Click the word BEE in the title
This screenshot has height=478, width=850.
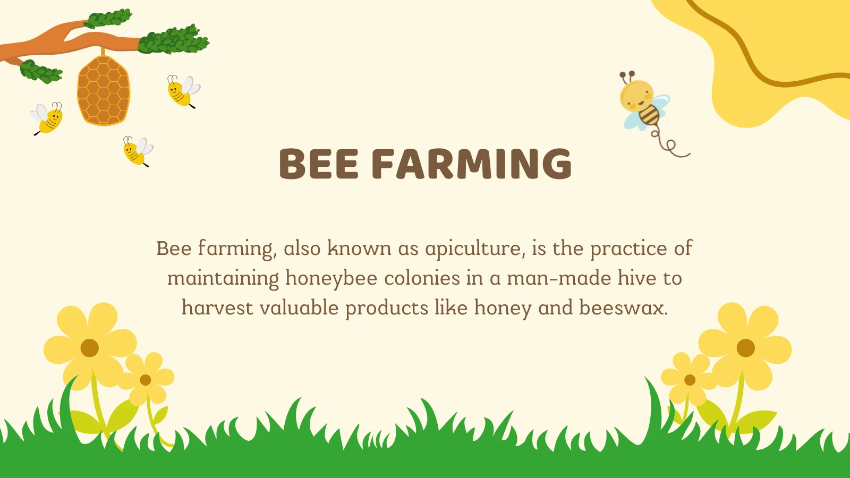point(319,164)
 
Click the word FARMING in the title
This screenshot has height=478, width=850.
point(471,164)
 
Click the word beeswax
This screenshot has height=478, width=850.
point(623,308)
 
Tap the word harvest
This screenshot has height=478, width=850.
point(217,308)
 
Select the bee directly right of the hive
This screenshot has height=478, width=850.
point(183,91)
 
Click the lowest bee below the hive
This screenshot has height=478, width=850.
point(137,151)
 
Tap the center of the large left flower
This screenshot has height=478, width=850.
point(89,348)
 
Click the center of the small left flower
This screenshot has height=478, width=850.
point(146,380)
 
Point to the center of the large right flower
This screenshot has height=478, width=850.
point(746,348)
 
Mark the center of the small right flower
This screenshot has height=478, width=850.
point(690,380)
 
